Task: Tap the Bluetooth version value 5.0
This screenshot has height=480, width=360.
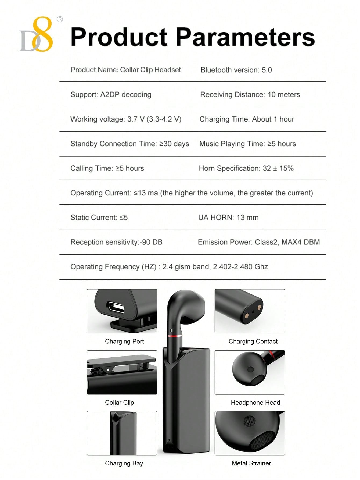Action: click(x=267, y=70)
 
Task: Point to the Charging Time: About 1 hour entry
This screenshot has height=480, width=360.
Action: click(x=247, y=119)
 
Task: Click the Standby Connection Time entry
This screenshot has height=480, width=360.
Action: click(x=129, y=144)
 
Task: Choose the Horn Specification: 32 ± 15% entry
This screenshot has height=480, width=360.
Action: click(x=246, y=168)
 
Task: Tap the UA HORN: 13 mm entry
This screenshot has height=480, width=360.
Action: click(x=228, y=218)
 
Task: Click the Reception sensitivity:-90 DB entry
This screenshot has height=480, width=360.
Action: click(x=116, y=242)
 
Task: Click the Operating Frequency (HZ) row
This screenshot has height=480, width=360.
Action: click(x=169, y=267)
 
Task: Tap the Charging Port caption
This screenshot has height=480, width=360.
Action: click(x=124, y=342)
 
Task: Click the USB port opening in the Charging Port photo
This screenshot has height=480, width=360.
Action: click(x=116, y=308)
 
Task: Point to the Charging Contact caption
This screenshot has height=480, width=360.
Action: click(x=253, y=342)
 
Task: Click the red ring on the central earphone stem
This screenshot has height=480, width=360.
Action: click(x=175, y=336)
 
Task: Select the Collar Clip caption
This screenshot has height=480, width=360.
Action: click(x=119, y=403)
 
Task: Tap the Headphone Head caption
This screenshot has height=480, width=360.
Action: click(x=255, y=403)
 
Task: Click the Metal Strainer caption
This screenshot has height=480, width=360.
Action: click(x=251, y=463)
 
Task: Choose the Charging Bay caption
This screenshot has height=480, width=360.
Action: click(x=124, y=463)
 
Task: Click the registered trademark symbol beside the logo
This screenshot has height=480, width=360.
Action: click(x=60, y=19)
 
